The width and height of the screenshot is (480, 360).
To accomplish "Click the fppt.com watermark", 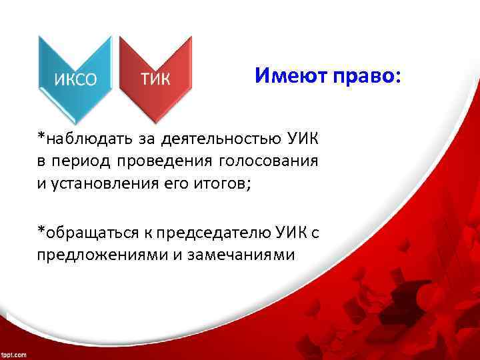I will coord(14,354).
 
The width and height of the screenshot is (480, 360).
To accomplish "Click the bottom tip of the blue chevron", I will coord(74,117).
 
